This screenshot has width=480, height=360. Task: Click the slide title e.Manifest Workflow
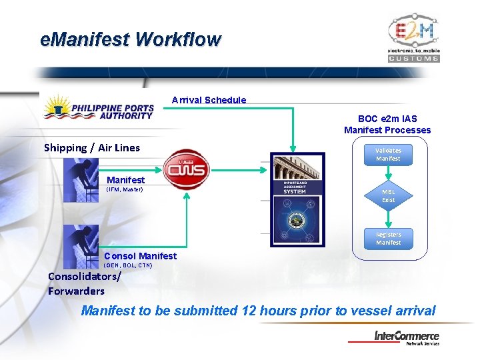[x=130, y=39]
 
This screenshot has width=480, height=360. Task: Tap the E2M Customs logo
[x=413, y=37]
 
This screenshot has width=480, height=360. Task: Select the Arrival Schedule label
[x=209, y=100]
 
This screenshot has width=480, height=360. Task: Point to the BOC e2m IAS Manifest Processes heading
[x=387, y=124]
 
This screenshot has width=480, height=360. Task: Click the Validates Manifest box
[x=388, y=155]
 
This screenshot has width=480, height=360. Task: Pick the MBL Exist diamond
[x=388, y=196]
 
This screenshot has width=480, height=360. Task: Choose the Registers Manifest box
[x=388, y=239]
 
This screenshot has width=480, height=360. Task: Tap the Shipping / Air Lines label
[x=92, y=147]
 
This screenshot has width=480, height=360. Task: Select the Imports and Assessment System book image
[x=297, y=199]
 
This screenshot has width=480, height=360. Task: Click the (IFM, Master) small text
[x=125, y=189]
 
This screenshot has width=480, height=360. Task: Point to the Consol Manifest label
[x=140, y=256]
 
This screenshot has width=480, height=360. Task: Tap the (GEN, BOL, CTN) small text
[x=128, y=265]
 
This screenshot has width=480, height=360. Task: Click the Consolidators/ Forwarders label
[x=76, y=284]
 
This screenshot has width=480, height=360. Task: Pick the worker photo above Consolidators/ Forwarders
[x=81, y=245]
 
